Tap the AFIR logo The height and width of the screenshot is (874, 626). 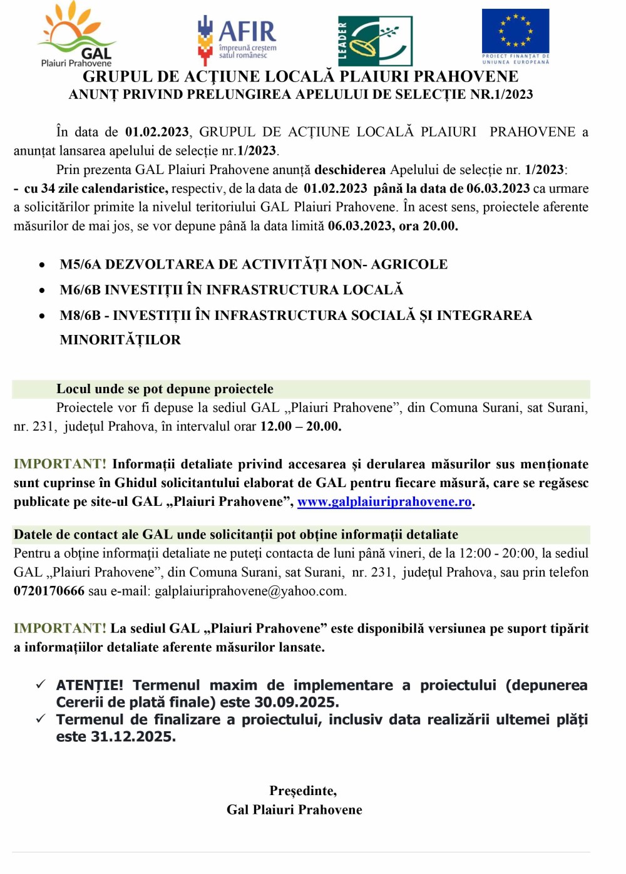(237, 39)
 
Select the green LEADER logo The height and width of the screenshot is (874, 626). (375, 41)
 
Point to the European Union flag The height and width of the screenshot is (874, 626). (515, 32)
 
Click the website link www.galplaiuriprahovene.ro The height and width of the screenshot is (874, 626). (384, 502)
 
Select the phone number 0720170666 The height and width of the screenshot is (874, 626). (49, 591)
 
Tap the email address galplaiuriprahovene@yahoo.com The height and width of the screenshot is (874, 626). (250, 591)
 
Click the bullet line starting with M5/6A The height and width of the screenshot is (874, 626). (254, 264)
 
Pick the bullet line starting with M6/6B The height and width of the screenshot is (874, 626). (232, 290)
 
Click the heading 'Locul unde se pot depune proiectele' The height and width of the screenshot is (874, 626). (165, 389)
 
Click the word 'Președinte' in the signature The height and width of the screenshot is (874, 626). (303, 791)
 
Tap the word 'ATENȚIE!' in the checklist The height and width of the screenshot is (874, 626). (90, 686)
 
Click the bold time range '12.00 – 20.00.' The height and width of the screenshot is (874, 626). (300, 426)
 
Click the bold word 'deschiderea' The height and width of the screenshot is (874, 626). (350, 170)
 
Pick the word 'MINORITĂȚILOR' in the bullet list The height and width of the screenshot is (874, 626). (120, 340)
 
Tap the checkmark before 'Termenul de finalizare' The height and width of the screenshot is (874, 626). (41, 719)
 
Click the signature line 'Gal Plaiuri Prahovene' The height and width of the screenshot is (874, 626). (294, 810)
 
